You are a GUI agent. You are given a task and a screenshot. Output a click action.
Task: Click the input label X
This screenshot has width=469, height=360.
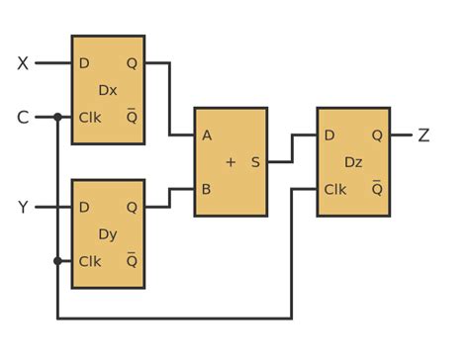point(23,63)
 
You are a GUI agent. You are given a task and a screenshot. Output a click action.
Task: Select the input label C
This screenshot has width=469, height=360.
point(23,118)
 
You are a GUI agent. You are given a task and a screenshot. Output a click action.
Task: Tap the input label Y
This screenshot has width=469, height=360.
point(23,207)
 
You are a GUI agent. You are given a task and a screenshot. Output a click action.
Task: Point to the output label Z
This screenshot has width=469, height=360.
point(423,135)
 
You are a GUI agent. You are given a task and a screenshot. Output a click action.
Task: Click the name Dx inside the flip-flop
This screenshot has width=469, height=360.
point(108,90)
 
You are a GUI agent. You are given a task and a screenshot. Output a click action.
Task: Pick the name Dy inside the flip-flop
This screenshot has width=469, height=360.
point(108,234)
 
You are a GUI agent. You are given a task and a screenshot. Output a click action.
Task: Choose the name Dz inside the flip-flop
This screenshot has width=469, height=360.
point(353,161)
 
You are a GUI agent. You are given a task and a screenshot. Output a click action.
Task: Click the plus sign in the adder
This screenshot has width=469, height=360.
point(231,162)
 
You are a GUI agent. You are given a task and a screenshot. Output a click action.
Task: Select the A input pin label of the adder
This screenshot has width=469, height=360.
point(207,135)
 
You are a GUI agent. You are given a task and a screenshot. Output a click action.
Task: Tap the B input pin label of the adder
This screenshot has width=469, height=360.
point(207,189)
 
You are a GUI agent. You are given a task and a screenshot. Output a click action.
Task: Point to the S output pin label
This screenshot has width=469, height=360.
point(255,162)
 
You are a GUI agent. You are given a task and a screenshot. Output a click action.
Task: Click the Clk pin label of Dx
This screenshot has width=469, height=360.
point(90,118)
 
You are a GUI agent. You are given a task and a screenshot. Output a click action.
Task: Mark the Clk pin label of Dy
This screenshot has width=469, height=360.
point(90,262)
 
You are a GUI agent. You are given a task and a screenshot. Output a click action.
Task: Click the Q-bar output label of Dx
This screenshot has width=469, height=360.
point(132,117)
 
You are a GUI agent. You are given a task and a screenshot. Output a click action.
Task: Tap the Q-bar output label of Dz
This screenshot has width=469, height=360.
point(377,188)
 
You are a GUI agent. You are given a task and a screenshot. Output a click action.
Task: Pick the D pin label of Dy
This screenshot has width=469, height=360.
point(84,207)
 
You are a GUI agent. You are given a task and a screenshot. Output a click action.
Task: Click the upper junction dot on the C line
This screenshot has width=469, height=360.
point(57,118)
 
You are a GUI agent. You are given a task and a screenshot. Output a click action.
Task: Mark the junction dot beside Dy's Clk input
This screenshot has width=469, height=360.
point(57,261)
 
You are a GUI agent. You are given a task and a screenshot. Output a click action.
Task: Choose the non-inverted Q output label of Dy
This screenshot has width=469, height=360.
point(132,207)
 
